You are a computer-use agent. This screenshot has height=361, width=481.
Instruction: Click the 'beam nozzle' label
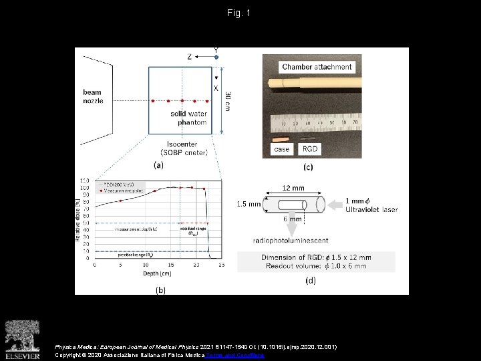click(x=93, y=96)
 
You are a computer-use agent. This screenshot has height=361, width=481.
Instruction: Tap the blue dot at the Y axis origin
click(x=216, y=57)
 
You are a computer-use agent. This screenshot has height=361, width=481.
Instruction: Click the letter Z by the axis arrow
click(x=190, y=57)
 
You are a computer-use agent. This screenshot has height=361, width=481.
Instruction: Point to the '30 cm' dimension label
click(x=228, y=101)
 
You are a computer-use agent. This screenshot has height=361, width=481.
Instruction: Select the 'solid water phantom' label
click(x=188, y=118)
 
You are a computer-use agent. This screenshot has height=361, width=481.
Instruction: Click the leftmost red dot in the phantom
click(x=153, y=101)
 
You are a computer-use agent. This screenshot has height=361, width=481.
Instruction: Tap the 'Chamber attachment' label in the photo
click(x=317, y=67)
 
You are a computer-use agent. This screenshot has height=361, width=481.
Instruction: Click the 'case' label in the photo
click(x=281, y=149)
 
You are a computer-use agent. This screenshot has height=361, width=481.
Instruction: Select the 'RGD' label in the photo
click(x=310, y=149)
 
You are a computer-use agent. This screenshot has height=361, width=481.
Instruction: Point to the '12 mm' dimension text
click(x=293, y=188)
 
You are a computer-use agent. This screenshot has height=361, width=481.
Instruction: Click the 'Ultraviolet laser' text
click(x=371, y=209)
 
